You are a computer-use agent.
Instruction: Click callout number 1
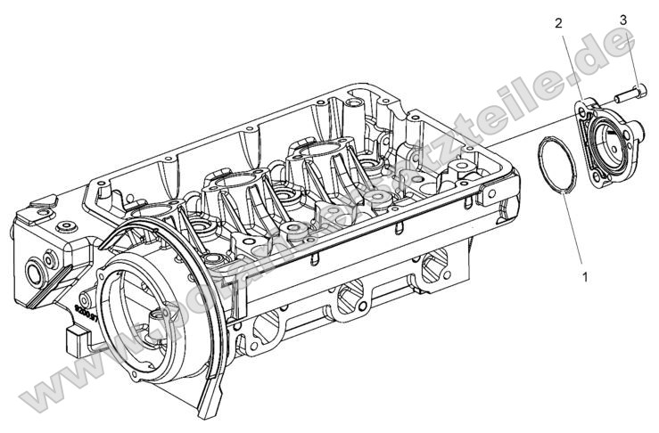[585, 277]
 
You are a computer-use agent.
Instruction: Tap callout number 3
[622, 19]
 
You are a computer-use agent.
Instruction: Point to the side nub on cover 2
[638, 130]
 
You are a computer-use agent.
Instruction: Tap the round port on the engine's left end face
[37, 266]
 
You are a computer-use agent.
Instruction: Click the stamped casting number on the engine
[82, 308]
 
